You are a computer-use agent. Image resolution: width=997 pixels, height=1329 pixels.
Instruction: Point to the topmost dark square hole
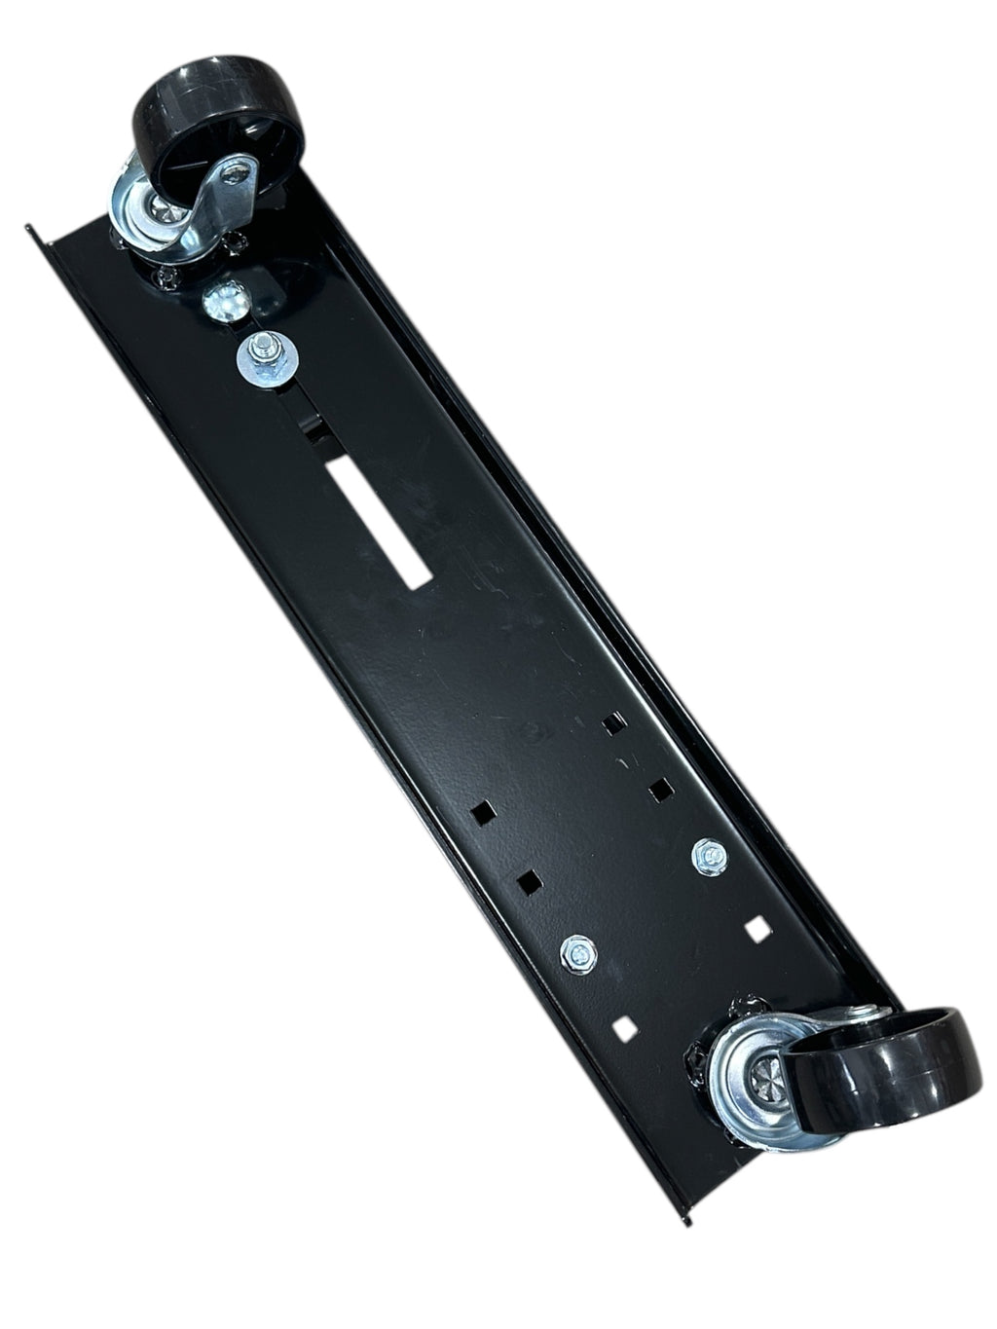pos(613,723)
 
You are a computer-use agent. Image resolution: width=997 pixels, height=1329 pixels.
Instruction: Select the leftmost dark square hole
pos(478,810)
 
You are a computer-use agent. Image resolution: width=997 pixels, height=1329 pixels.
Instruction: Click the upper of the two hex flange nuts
pos(709,855)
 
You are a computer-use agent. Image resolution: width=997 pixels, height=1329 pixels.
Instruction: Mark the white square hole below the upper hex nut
pos(757,930)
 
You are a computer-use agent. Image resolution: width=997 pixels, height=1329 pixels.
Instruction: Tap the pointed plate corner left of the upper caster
pos(30,230)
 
